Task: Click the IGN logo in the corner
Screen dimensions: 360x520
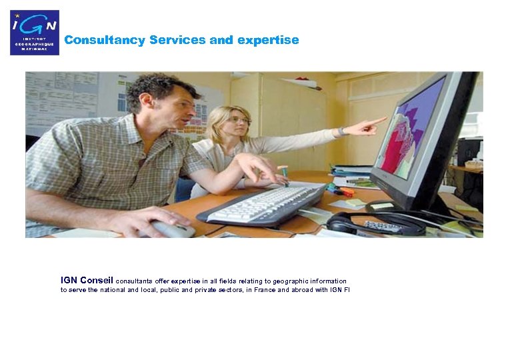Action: pyautogui.click(x=34, y=32)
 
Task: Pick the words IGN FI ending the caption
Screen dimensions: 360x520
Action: pyautogui.click(x=340, y=291)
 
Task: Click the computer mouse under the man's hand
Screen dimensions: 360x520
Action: pyautogui.click(x=173, y=229)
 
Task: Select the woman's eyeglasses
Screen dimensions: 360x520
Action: pyautogui.click(x=238, y=120)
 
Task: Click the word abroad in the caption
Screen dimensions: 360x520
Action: pyautogui.click(x=299, y=291)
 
